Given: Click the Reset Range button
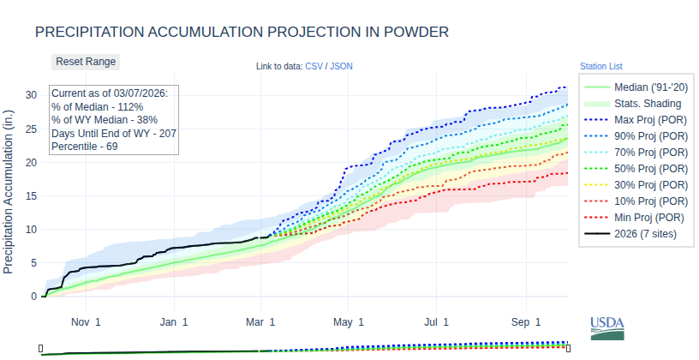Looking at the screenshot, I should [86, 62].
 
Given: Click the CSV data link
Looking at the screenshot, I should [314, 66].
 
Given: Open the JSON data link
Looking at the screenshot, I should [341, 66].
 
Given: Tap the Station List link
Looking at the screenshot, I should [600, 66].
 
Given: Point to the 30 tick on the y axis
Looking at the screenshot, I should [31, 94].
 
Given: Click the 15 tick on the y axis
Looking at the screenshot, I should [31, 195].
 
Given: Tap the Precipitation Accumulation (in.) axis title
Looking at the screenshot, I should [9, 191].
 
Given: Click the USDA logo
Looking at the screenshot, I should [607, 327].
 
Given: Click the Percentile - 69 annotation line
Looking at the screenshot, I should [84, 147].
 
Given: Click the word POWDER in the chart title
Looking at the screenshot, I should [413, 33].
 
